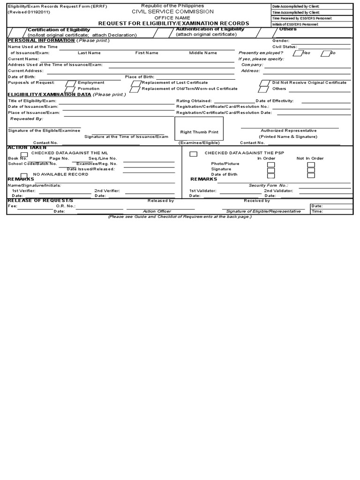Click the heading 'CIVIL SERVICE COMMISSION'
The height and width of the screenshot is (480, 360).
click(x=172, y=11)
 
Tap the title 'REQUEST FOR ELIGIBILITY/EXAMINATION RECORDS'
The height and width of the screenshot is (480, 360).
click(x=173, y=23)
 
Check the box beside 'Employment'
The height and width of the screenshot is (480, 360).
click(x=70, y=83)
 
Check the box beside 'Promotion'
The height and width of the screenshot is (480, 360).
click(x=70, y=89)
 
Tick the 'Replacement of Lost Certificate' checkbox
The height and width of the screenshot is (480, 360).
click(x=135, y=83)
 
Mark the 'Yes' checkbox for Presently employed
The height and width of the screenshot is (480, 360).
click(x=297, y=53)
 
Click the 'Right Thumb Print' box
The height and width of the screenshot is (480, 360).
click(x=199, y=132)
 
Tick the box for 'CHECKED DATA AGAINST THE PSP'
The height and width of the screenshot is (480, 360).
click(x=193, y=154)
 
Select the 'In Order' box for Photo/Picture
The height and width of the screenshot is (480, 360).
click(x=271, y=165)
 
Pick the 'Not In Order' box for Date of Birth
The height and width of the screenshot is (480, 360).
click(x=311, y=175)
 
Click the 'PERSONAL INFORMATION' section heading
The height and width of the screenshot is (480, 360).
click(x=41, y=40)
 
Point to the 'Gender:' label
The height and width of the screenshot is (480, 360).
click(x=281, y=41)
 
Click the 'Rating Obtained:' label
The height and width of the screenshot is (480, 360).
click(x=194, y=101)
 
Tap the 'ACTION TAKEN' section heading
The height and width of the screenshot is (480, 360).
click(x=27, y=147)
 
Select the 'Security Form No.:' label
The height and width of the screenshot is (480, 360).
click(x=269, y=186)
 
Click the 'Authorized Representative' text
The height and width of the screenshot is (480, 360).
click(x=288, y=131)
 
